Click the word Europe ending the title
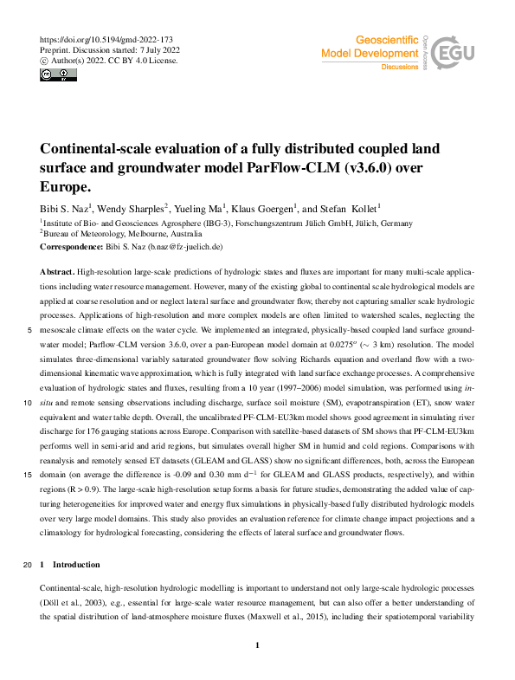point(65,186)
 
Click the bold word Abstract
point(58,271)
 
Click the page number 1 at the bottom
point(258,645)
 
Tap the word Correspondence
point(73,247)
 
